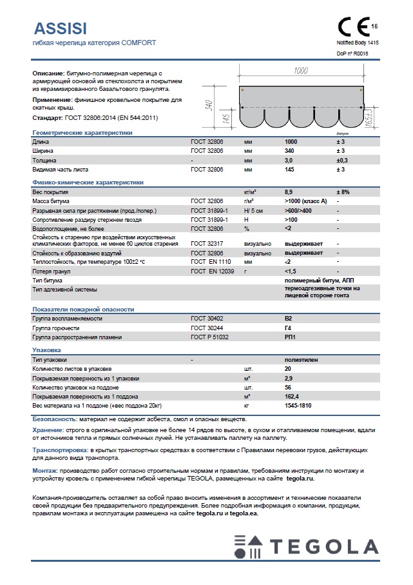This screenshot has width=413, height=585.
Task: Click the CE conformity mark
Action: [x=354, y=26]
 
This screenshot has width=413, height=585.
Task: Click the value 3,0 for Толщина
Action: [x=289, y=159]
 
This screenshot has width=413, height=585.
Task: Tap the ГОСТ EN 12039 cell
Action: [x=211, y=272]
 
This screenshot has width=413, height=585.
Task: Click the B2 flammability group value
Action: [x=289, y=319]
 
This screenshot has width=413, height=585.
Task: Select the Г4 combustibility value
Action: [x=289, y=328]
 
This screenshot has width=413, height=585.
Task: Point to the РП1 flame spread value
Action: [x=290, y=337]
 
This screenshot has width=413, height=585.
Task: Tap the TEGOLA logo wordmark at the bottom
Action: [x=323, y=548]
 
